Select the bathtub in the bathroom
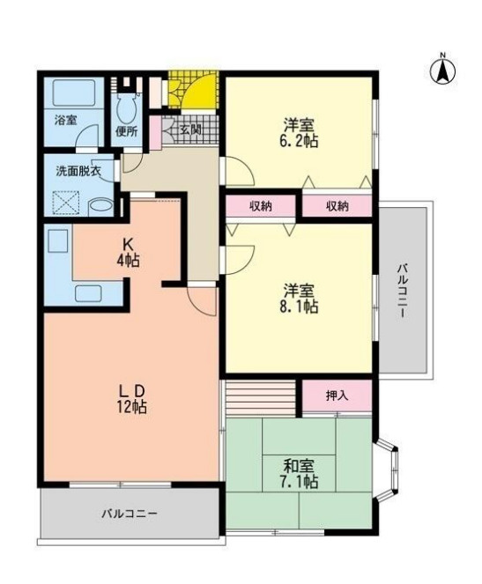(x=74, y=93)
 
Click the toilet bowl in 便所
(x=125, y=108)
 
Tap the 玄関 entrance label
(x=189, y=129)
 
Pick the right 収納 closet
(x=337, y=206)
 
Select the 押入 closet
(x=337, y=395)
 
